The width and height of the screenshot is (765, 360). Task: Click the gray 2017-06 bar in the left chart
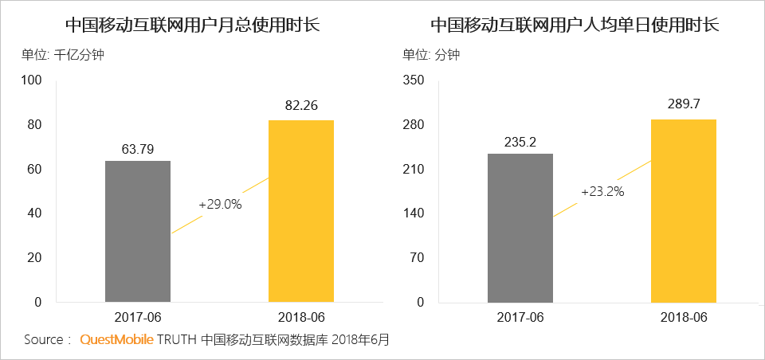pyautogui.click(x=138, y=231)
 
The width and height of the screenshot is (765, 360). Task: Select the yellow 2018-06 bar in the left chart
pyautogui.click(x=300, y=211)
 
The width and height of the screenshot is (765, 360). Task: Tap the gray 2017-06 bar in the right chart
pyautogui.click(x=520, y=228)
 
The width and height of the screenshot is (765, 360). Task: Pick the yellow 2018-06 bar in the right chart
pyautogui.click(x=683, y=210)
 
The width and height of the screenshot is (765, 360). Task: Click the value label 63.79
pyautogui.click(x=138, y=148)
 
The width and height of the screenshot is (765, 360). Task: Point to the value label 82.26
pyautogui.click(x=300, y=107)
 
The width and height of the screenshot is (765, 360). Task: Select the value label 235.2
pyautogui.click(x=520, y=142)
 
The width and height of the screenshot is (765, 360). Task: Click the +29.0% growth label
pyautogui.click(x=220, y=205)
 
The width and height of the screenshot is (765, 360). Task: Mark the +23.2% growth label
pyautogui.click(x=602, y=192)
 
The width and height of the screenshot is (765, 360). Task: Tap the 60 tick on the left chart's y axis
pyautogui.click(x=34, y=170)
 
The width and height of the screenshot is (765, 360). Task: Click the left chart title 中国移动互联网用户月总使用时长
pyautogui.click(x=192, y=25)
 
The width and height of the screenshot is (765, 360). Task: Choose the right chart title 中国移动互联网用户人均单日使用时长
pyautogui.click(x=575, y=25)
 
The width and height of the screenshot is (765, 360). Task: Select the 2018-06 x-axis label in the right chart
pyautogui.click(x=683, y=317)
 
